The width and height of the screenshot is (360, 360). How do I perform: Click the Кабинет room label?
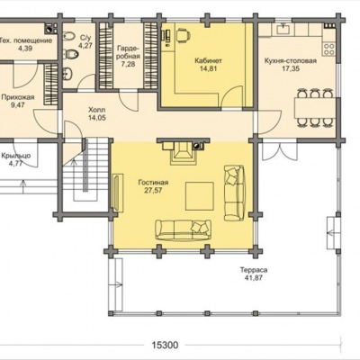(x=208, y=60)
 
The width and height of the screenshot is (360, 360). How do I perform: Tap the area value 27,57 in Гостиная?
(x=153, y=190)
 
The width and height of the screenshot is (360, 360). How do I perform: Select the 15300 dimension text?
(x=165, y=346)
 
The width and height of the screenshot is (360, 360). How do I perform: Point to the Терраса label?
(x=254, y=270)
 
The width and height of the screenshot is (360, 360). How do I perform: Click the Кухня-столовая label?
(x=291, y=61)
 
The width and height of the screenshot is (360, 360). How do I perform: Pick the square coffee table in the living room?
(x=200, y=196)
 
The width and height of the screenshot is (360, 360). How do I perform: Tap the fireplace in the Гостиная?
(x=183, y=151)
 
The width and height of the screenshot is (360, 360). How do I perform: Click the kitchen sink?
(x=283, y=29)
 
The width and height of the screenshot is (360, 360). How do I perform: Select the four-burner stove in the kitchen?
(x=328, y=49)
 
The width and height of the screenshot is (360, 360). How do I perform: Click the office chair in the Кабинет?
(x=183, y=35)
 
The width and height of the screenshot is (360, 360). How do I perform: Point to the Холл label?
(x=97, y=110)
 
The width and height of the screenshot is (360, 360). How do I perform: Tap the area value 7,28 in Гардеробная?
(x=128, y=64)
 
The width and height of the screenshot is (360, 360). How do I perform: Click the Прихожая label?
(x=18, y=97)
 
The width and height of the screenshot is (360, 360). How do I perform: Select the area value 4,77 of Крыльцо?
(x=15, y=164)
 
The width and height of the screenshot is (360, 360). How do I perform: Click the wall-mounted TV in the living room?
(x=117, y=193)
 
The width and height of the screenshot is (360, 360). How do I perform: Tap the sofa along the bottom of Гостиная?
(x=183, y=229)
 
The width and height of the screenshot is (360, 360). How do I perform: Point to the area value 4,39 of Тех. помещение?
(x=25, y=49)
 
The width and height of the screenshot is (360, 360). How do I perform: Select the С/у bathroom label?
(x=85, y=38)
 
